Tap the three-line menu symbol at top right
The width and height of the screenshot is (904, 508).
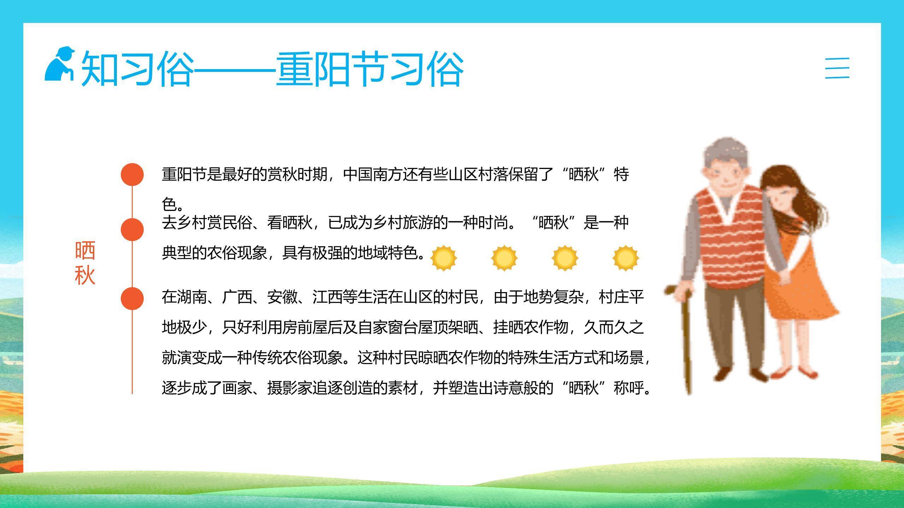click(837, 68)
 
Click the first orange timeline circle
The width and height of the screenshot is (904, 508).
click(132, 174)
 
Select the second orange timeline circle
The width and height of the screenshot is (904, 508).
click(132, 230)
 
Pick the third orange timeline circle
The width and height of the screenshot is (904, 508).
click(132, 298)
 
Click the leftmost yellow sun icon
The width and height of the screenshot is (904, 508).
click(444, 258)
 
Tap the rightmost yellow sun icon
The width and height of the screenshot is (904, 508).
click(625, 258)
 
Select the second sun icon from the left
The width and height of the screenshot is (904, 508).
click(504, 258)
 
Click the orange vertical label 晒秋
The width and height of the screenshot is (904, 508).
click(85, 263)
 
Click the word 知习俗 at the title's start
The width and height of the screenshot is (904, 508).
click(138, 69)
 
